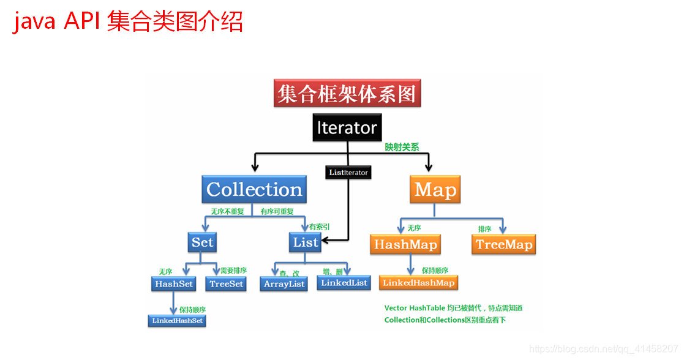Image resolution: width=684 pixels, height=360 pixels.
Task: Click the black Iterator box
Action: click(x=347, y=128)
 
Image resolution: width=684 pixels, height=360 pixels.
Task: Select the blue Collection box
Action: click(x=254, y=190)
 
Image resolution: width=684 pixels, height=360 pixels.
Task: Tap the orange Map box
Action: click(x=435, y=190)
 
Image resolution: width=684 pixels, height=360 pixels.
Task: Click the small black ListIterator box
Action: click(x=348, y=173)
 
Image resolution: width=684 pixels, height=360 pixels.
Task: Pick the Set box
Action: click(x=202, y=242)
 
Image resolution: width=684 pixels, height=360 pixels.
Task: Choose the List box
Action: click(x=306, y=242)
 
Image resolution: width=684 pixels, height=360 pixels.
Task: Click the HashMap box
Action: click(x=405, y=245)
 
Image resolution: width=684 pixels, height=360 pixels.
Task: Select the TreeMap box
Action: click(x=504, y=245)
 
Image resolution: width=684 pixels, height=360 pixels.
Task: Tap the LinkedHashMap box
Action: click(x=419, y=283)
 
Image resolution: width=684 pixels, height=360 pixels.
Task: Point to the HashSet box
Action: click(x=174, y=284)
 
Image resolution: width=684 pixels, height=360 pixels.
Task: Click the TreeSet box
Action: click(x=227, y=284)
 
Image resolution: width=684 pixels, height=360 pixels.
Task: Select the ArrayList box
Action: click(x=284, y=284)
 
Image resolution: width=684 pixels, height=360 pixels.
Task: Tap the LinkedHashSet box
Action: click(x=177, y=321)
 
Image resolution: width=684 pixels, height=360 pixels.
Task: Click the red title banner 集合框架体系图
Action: click(x=347, y=94)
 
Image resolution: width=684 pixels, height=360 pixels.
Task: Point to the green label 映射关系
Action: click(x=402, y=148)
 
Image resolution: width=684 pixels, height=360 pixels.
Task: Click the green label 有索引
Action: click(x=320, y=227)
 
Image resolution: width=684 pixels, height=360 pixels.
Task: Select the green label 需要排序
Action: click(x=233, y=271)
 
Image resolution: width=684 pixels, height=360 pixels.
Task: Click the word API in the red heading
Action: click(x=81, y=23)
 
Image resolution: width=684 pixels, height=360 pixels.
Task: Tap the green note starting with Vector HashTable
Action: click(x=453, y=308)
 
